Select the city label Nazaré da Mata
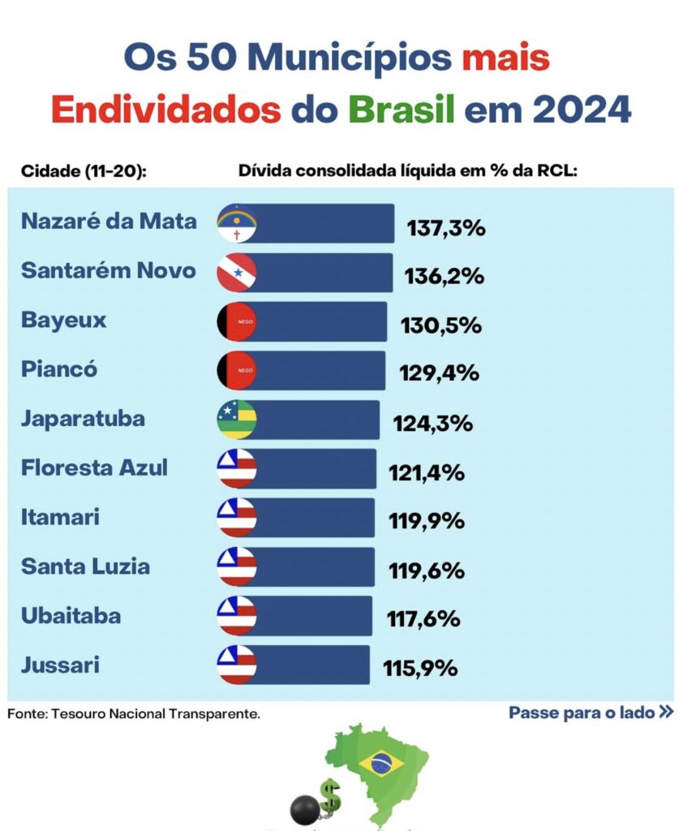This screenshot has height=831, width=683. pos(109,222)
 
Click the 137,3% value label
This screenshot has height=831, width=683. pos(446,228)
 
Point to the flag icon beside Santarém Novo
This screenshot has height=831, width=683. pos(237,273)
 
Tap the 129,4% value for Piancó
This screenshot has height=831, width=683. pos(439,373)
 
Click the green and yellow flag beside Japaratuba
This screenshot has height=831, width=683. pos(237,420)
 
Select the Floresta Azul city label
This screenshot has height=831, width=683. pos(94,467)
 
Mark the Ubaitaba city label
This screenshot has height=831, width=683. pos(71,615)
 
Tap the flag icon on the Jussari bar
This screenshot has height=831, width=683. pos(237,665)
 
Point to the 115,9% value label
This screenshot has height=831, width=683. pos(420,670)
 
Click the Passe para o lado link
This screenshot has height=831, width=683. pos(591,713)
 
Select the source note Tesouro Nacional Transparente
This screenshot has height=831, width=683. pos(134,714)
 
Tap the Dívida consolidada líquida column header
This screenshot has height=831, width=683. pos(407,171)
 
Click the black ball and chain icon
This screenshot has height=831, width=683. pos(306,808)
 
